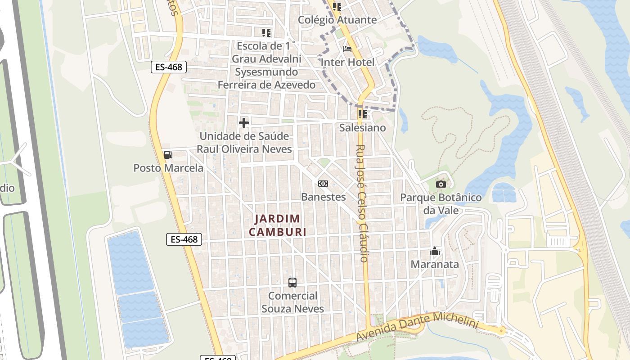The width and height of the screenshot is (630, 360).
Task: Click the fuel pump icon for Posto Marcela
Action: coord(168,155)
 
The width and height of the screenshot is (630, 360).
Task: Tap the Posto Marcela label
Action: coord(168,168)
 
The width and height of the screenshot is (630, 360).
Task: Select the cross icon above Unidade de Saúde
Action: coord(244,122)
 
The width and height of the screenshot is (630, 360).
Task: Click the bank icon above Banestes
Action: coord(323,184)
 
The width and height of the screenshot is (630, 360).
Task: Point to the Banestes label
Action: coord(323,197)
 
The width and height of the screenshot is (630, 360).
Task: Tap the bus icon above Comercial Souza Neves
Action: coord(292,283)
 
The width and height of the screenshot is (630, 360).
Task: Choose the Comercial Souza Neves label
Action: coord(292,302)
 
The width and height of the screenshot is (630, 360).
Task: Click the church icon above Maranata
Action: coord(435,251)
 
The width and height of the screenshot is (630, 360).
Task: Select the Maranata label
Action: coord(435,265)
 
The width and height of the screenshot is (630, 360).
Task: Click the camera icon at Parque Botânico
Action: coord(441,184)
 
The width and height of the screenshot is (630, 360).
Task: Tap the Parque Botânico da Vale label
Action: coord(441,204)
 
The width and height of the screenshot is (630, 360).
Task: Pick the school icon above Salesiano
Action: coord(363,114)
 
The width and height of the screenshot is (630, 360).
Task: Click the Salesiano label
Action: coord(363,128)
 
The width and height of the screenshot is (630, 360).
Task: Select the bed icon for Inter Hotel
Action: coord(347,49)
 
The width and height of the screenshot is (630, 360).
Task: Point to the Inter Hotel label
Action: coord(348,62)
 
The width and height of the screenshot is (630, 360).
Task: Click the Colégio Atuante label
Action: coord(337,20)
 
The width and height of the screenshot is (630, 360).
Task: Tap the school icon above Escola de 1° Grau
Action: coord(266,33)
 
